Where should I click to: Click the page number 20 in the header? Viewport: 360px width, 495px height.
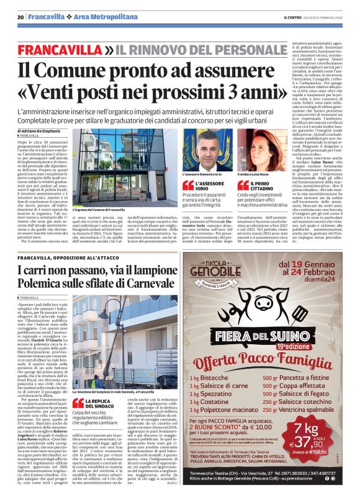pos(20,16)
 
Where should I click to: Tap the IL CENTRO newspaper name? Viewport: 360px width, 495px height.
pos(292,16)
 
